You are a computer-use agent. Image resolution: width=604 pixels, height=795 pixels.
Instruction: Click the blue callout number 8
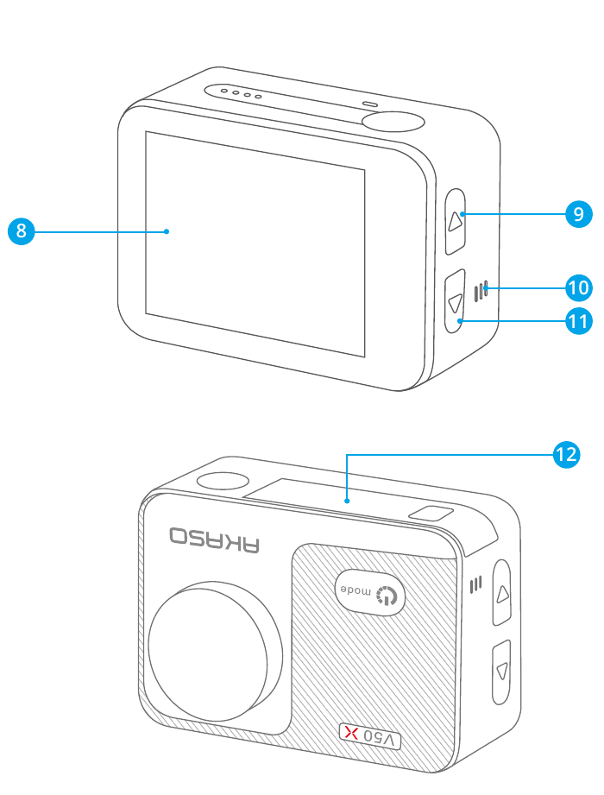(x=19, y=231)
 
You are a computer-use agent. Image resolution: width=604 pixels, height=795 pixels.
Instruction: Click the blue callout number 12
(x=565, y=454)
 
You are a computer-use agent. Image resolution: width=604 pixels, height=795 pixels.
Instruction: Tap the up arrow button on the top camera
(x=456, y=222)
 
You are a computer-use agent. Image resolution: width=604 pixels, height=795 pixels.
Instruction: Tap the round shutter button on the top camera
(x=392, y=120)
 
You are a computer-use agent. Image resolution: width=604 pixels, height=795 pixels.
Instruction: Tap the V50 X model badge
(x=370, y=736)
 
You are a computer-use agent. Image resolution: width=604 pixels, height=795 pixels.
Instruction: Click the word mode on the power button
(x=357, y=590)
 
